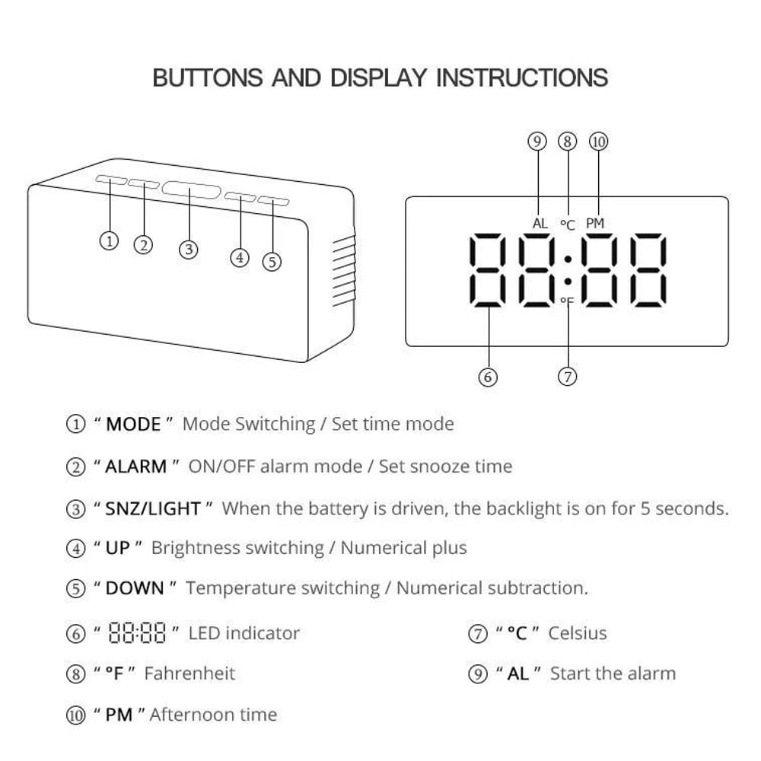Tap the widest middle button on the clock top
191,190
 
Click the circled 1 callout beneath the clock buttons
110,241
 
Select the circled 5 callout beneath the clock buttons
272,262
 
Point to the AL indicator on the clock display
540,224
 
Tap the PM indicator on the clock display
595,224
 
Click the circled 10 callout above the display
599,142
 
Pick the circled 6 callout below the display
488,377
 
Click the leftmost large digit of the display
487,270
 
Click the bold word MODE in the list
133,425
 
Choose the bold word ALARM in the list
135,466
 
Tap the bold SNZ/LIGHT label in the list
153,508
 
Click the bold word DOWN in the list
135,588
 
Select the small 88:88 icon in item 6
137,633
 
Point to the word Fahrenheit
189,673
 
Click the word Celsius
577,633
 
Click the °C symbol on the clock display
568,224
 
